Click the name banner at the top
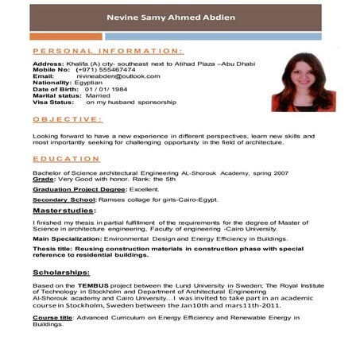tap(180, 18)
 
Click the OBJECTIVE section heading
tap(67, 119)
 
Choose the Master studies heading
tap(64, 211)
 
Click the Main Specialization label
tap(66, 238)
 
